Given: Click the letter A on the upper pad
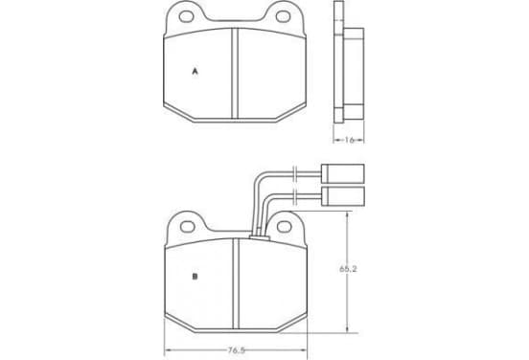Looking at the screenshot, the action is coord(195,72).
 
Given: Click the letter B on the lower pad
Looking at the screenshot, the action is coord(195,277).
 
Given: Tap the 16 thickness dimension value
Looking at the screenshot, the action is coord(349,140).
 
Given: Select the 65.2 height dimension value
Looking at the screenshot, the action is coord(348,269).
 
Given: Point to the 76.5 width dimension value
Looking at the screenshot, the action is coord(236,350).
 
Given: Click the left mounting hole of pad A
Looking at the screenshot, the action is coord(186,16).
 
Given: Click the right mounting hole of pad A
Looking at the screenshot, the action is coord(283,16).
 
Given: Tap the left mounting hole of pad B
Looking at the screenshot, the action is coord(187,227).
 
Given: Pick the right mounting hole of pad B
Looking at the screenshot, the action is coord(284,227).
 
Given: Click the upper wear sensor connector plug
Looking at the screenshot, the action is coord(343,174).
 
